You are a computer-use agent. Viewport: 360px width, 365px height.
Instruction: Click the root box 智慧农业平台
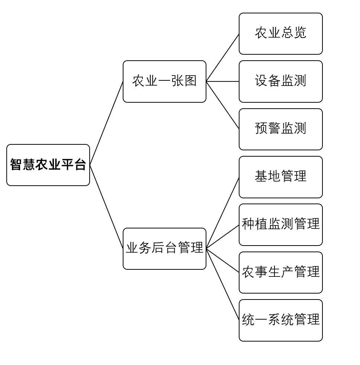coord(48,165)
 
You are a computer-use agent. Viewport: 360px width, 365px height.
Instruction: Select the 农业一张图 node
coord(164,81)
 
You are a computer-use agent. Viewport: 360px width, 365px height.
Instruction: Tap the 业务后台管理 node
coord(164,248)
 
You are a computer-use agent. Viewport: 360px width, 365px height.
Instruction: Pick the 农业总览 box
coord(280,33)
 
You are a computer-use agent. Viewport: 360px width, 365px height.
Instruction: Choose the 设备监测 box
coord(280,81)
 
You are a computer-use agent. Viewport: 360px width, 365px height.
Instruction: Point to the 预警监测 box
coord(280,129)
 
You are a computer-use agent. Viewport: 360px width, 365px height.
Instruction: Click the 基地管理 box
coord(280,177)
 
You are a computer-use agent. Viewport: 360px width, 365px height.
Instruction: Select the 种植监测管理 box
coord(280,224)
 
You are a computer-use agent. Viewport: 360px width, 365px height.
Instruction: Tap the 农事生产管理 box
coord(280,272)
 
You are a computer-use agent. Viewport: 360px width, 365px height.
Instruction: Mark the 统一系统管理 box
coord(280,320)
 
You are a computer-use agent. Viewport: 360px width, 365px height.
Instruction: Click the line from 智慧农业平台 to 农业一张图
coord(106,123)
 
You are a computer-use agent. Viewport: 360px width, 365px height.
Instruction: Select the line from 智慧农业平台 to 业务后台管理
coord(106,207)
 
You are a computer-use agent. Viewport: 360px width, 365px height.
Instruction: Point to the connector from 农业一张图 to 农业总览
coord(222,58)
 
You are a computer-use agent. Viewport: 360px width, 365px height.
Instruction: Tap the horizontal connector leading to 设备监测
coord(222,81)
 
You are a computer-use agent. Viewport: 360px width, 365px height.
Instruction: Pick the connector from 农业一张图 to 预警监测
coord(222,105)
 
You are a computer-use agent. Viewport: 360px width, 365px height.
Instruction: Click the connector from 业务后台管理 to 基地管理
coord(222,213)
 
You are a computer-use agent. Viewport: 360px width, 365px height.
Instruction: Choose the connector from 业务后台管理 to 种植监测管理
coord(222,237)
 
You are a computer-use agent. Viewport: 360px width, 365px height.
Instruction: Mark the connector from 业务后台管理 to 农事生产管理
coord(222,260)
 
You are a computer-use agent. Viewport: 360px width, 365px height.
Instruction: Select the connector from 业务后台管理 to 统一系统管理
coord(222,284)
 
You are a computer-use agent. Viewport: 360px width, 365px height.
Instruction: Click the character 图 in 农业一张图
coord(190,81)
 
